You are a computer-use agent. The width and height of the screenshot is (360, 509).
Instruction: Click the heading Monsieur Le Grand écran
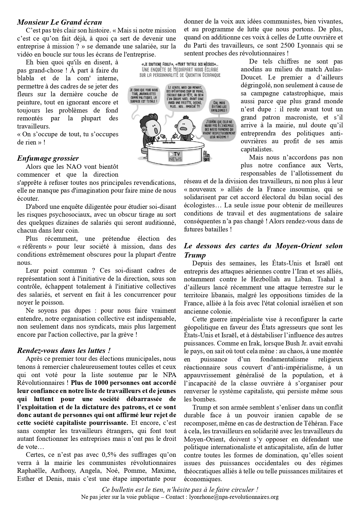(59, 22)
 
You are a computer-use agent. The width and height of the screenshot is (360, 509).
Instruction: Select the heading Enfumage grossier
(48, 158)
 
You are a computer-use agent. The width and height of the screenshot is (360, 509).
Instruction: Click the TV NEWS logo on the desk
(175, 157)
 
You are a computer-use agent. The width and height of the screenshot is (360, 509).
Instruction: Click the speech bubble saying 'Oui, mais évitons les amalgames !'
(220, 106)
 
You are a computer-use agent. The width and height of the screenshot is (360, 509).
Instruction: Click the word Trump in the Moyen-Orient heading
(195, 255)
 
